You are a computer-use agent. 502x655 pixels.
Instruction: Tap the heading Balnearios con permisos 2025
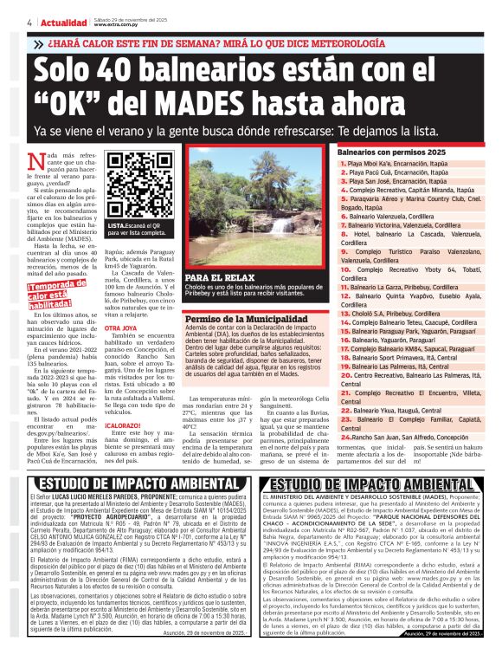(386, 151)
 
